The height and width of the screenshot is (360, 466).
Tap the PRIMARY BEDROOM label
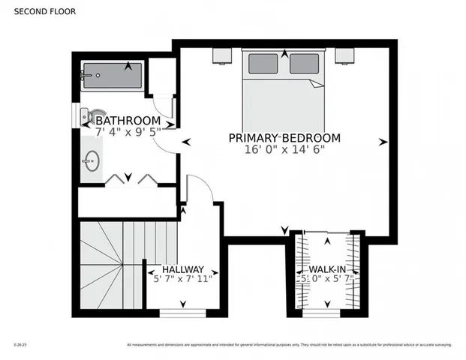click(284, 138)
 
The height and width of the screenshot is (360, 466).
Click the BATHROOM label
click(128, 120)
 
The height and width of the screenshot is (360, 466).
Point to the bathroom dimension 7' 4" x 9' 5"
click(128, 132)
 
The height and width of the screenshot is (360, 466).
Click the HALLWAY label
click(183, 269)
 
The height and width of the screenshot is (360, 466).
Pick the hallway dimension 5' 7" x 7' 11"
click(183, 280)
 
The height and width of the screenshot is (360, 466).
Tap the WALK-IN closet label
click(326, 269)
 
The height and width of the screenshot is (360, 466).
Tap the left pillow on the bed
click(263, 63)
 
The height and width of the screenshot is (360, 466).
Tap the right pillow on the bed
click(305, 63)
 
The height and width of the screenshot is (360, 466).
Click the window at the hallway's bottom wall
click(183, 313)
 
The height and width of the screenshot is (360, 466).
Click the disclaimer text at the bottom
click(289, 345)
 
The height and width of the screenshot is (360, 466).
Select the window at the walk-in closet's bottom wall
click(326, 313)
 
